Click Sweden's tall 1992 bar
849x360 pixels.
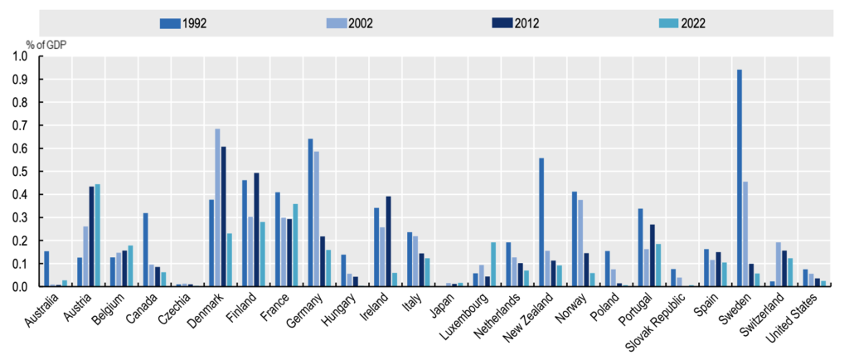pos(739,178)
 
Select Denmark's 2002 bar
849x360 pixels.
pos(217,207)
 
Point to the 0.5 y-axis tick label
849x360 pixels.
pos(19,172)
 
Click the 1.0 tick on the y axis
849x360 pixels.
pos(19,56)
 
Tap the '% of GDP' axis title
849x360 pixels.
pos(27,41)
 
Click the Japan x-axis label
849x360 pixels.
pos(443,311)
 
